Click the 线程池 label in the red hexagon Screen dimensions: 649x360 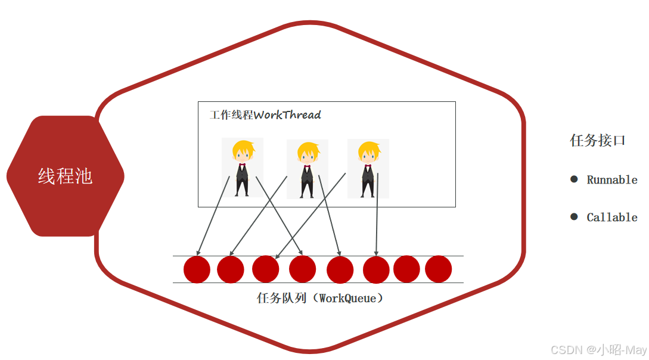pyautogui.click(x=65, y=176)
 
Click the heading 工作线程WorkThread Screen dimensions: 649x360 pyautogui.click(x=265, y=115)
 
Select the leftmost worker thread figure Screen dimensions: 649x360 pyautogui.click(x=242, y=167)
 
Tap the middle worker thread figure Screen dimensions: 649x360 pyautogui.click(x=307, y=169)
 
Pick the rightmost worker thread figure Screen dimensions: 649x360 pyautogui.click(x=368, y=169)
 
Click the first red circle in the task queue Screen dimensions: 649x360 pyautogui.click(x=197, y=269)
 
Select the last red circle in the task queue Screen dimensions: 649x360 pyautogui.click(x=438, y=269)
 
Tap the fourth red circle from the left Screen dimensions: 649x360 pyautogui.click(x=302, y=269)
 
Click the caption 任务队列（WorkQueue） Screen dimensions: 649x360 pyautogui.click(x=319, y=298)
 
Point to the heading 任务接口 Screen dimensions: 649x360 pyautogui.click(x=598, y=141)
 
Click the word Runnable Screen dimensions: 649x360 pyautogui.click(x=612, y=180)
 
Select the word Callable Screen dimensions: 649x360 pyautogui.click(x=612, y=218)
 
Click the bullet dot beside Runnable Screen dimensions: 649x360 pyautogui.click(x=574, y=179)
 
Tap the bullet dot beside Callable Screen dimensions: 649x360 pyautogui.click(x=574, y=217)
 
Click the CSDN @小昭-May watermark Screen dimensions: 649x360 pyautogui.click(x=598, y=350)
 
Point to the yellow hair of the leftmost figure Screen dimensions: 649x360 pyautogui.click(x=243, y=147)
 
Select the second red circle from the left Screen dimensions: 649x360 pyautogui.click(x=231, y=269)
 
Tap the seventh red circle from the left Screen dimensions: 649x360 pyautogui.click(x=406, y=269)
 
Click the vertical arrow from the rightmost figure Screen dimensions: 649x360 pyautogui.click(x=377, y=215)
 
